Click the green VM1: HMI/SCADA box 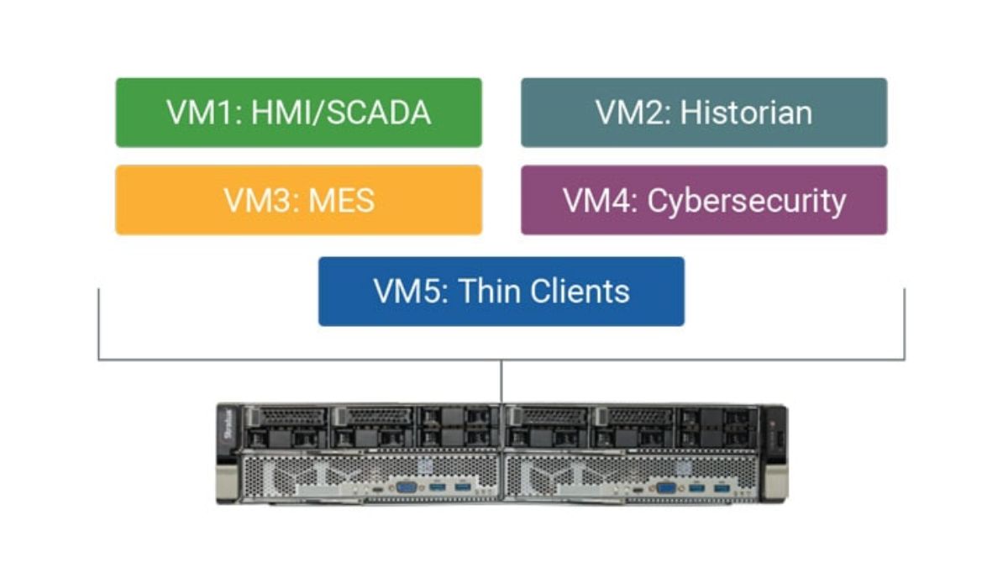point(298,113)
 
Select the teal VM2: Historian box point(703,113)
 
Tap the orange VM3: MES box point(298,200)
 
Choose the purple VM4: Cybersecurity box point(703,200)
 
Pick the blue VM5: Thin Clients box point(501,292)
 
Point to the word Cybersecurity point(747,201)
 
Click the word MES point(341,201)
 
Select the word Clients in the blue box point(579,292)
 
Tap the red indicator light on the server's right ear point(774,419)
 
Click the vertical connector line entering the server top point(501,382)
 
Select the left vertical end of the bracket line point(99,323)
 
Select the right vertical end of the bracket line point(905,323)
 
